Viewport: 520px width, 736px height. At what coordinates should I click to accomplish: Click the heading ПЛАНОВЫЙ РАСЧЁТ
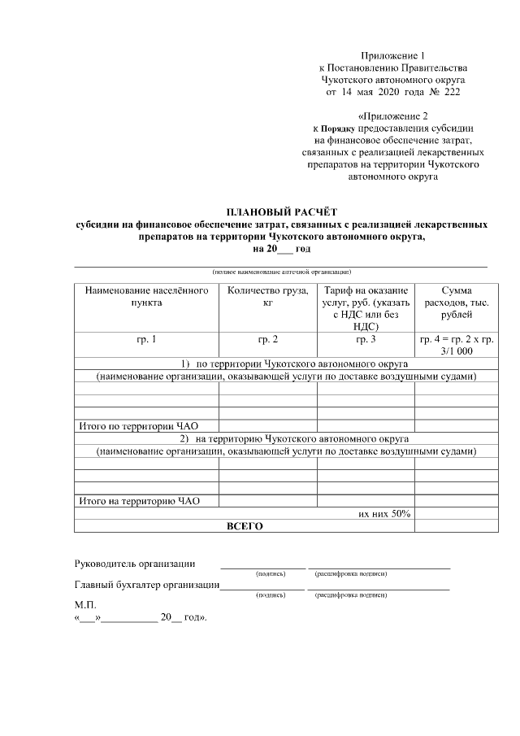(280, 211)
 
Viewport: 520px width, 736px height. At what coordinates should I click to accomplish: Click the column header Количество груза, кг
(267, 297)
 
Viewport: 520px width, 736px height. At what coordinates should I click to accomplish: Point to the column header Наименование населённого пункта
(146, 297)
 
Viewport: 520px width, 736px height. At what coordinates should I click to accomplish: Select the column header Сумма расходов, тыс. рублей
(454, 303)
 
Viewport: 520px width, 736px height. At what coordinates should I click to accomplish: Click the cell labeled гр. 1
(146, 339)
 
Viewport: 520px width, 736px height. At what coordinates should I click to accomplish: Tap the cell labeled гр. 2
(267, 339)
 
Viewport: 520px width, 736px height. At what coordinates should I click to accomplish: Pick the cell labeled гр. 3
(366, 339)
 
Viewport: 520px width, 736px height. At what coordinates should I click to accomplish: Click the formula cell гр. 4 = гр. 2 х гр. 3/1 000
(454, 345)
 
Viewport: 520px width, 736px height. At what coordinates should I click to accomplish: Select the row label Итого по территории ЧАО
(138, 425)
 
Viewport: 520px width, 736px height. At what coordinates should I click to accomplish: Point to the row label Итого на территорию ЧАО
(138, 501)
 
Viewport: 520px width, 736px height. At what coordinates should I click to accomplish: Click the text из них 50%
(384, 514)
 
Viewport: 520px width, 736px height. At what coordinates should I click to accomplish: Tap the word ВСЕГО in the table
(244, 526)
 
